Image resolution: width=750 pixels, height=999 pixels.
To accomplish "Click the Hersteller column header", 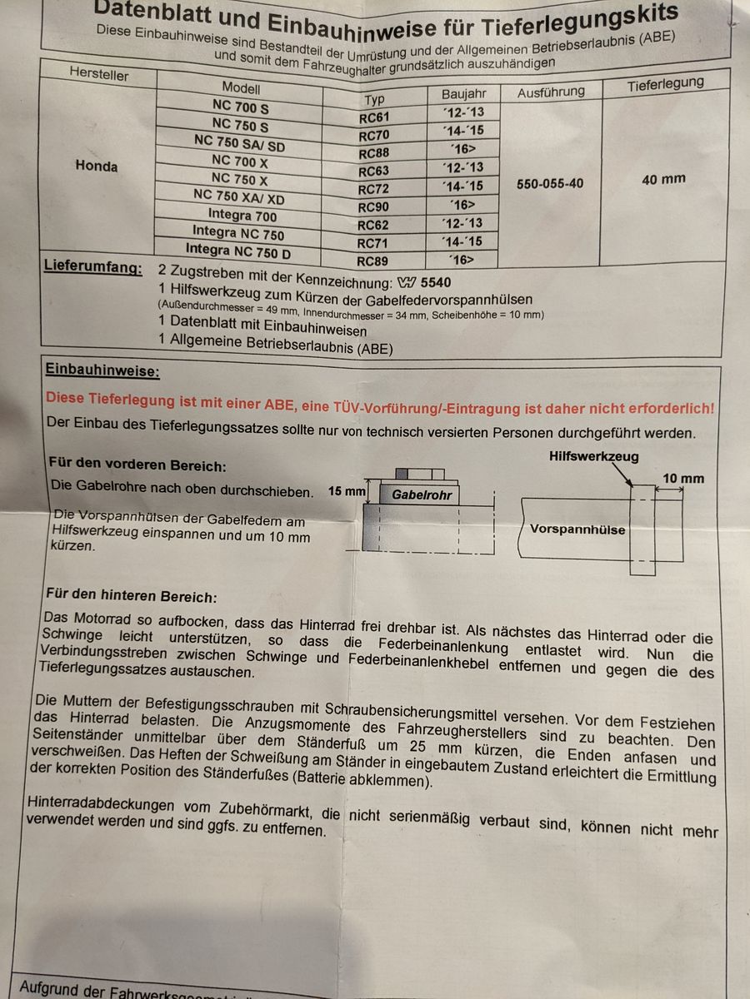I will (x=100, y=73).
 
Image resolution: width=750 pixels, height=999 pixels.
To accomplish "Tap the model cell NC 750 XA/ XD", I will (x=238, y=197).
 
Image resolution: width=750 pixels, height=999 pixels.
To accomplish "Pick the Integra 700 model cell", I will (x=242, y=216).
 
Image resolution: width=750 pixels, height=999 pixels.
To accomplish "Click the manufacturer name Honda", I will (x=97, y=166).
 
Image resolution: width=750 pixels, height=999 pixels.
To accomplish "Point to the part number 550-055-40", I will (x=550, y=183).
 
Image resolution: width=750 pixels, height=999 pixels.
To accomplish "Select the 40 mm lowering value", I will (x=664, y=179).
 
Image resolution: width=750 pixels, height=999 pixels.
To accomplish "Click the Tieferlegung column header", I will (x=665, y=83).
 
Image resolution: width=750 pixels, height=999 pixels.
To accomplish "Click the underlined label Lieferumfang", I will (x=92, y=270).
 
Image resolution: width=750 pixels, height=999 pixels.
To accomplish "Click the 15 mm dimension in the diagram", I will (x=347, y=491).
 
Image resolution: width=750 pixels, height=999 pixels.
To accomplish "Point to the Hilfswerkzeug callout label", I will (x=594, y=456).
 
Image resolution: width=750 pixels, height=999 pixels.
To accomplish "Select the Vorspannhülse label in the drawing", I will (x=577, y=529).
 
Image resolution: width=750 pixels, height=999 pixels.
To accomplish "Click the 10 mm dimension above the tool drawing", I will (x=682, y=478).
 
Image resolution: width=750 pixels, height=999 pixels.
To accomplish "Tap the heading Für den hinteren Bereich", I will (x=132, y=597).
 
